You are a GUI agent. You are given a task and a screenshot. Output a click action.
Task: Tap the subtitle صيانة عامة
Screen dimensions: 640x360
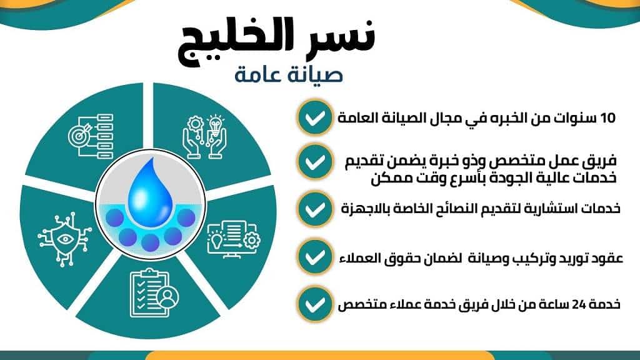tap(289, 75)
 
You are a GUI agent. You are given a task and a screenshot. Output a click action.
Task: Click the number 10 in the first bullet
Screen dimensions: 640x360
tap(607, 118)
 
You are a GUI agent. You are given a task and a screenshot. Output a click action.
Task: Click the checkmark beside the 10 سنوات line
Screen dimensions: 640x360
tap(314, 117)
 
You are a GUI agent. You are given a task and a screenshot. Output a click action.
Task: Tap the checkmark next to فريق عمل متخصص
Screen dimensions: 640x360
tap(314, 162)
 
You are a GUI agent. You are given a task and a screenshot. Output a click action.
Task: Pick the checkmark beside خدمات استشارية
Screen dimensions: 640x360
tap(314, 209)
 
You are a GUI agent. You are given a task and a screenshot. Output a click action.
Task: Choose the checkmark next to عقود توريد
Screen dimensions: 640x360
tap(314, 257)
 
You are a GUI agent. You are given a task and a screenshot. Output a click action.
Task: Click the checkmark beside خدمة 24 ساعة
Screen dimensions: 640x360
tap(314, 304)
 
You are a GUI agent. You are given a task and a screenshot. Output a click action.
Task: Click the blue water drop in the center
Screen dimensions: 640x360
tap(150, 192)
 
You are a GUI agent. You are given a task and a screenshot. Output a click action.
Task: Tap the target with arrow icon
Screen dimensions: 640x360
tap(91, 136)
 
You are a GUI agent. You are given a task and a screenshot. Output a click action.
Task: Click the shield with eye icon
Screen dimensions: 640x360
tap(64, 239)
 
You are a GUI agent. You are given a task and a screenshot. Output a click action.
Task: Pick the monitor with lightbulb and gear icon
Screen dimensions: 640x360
tap(234, 239)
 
